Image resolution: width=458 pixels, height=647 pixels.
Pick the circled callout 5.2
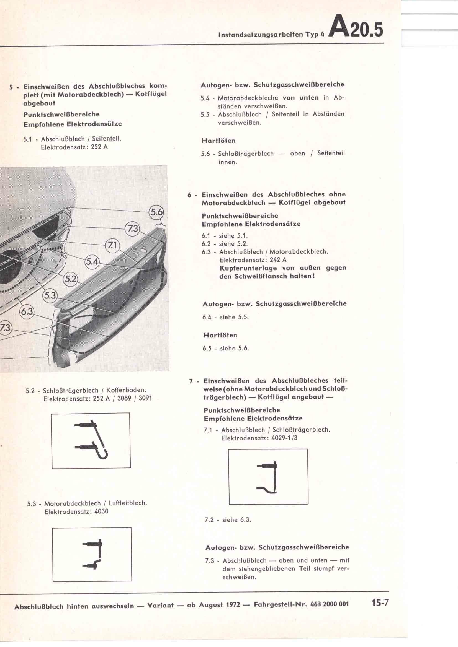point(71,279)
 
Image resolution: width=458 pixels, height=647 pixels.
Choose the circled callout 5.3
point(50,296)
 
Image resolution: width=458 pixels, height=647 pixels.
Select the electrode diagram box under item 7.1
point(268,477)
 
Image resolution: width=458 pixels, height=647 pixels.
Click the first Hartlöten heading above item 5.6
point(218,141)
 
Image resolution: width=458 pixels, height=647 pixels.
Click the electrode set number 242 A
point(277,260)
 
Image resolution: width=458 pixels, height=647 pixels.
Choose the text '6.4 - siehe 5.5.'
point(225,317)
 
